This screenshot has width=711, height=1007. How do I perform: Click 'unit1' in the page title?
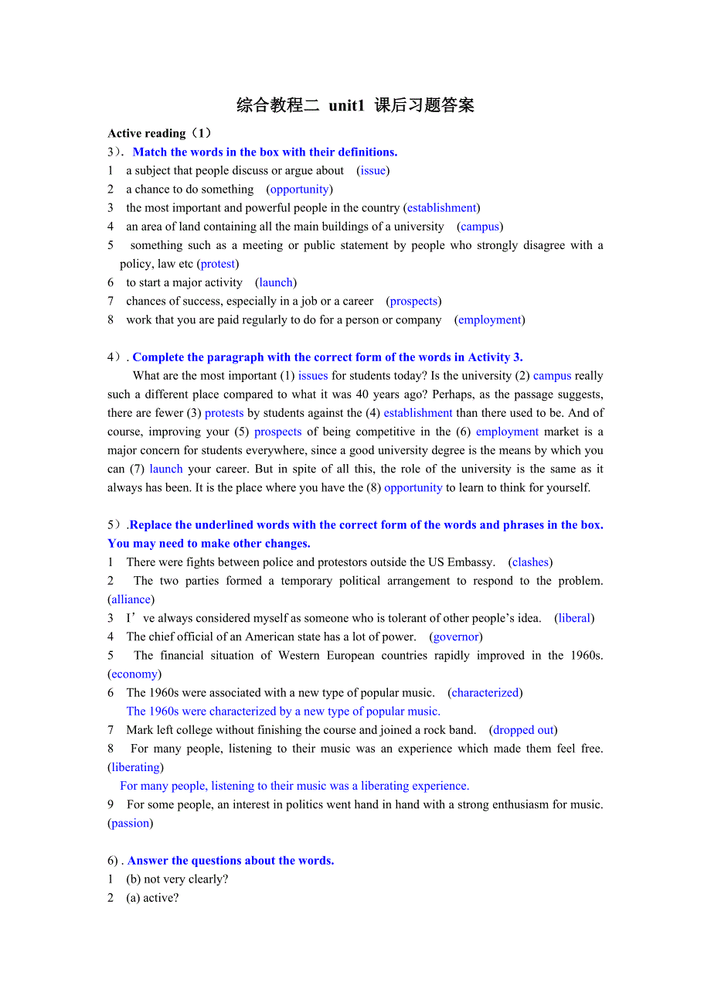[345, 106]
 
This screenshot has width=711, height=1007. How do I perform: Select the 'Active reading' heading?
[147, 133]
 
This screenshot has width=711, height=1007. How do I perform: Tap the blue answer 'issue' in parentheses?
[373, 170]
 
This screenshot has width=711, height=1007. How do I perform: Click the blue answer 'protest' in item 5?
[218, 264]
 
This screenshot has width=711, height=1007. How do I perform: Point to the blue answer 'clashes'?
[530, 562]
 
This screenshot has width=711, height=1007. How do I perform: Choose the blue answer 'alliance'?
[131, 599]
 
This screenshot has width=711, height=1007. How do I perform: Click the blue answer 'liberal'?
[574, 618]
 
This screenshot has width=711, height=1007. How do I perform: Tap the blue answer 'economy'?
[134, 674]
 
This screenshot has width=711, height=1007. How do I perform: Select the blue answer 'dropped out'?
[523, 730]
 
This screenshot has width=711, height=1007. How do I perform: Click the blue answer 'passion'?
[130, 823]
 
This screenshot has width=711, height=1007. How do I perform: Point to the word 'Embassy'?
[471, 562]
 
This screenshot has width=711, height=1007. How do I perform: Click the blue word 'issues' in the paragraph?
[313, 376]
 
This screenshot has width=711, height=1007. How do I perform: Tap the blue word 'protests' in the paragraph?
[224, 413]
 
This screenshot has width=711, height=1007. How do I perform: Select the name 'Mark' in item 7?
[139, 730]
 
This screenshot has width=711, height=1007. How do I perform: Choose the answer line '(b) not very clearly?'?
[177, 879]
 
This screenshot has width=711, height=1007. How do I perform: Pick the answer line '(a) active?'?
[152, 898]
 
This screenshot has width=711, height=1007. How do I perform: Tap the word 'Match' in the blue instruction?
[150, 152]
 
